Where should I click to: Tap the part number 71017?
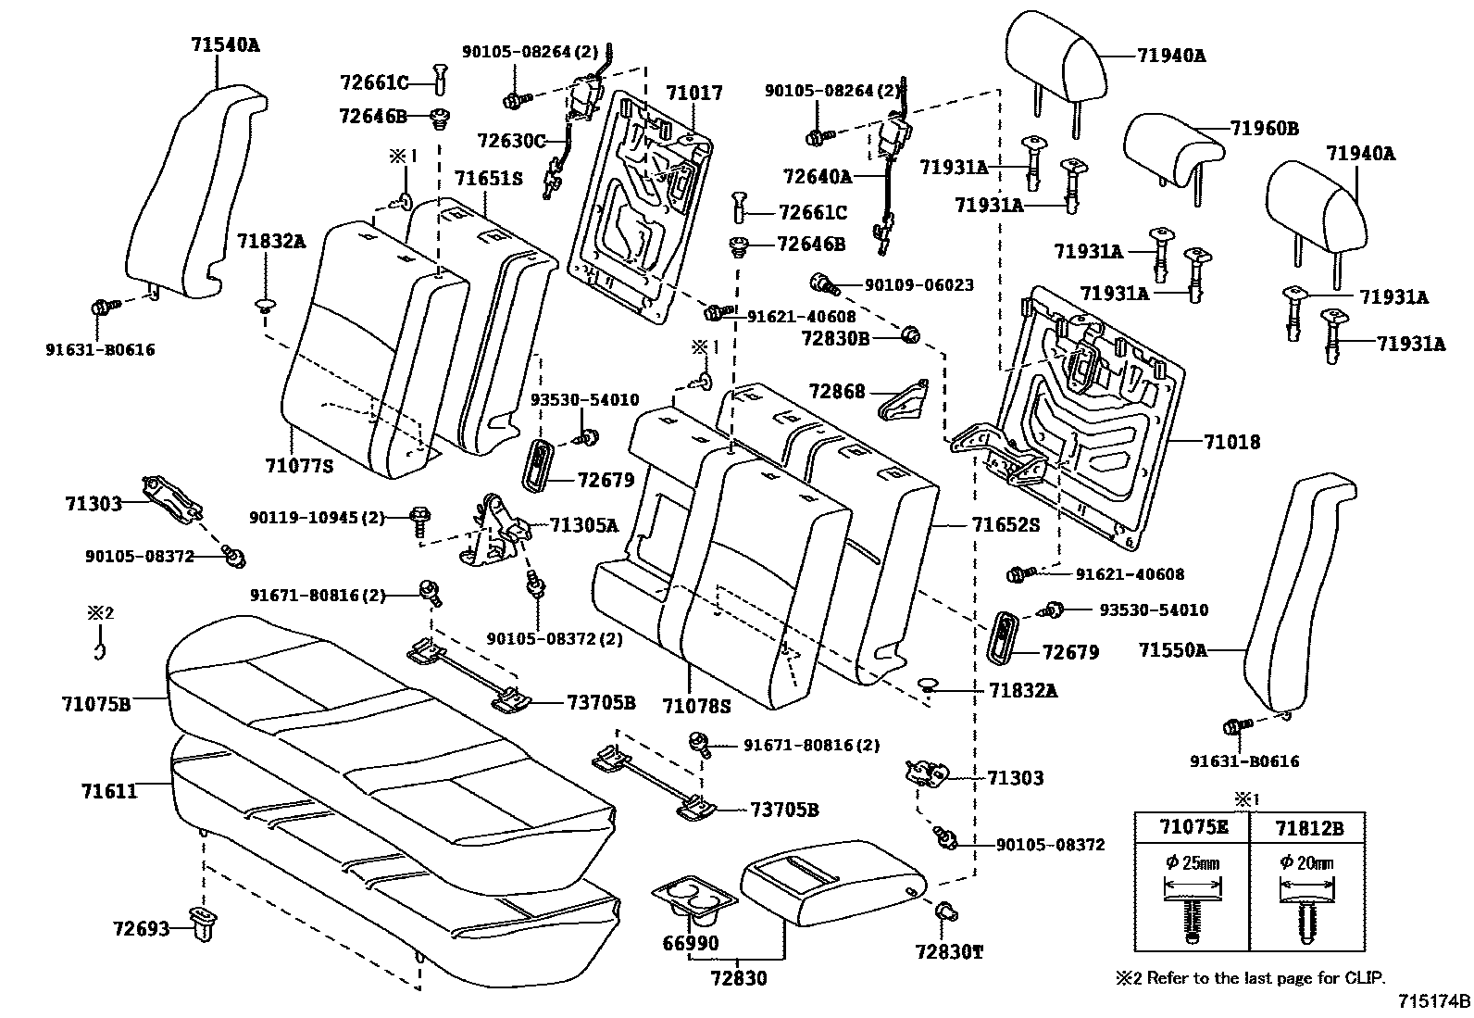(693, 93)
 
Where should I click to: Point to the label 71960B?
(1264, 129)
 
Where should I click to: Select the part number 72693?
(142, 927)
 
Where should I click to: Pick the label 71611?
(108, 790)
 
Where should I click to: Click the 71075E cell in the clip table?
(1192, 828)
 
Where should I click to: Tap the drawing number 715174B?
(1433, 1001)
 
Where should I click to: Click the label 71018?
(1231, 442)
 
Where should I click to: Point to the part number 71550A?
(1173, 650)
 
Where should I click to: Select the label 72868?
(836, 392)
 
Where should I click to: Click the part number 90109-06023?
(906, 285)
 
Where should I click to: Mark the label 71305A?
(583, 525)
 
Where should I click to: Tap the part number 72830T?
(949, 950)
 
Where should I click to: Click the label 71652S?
(1006, 524)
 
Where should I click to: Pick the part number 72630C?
(512, 141)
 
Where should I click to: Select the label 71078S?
(696, 707)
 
